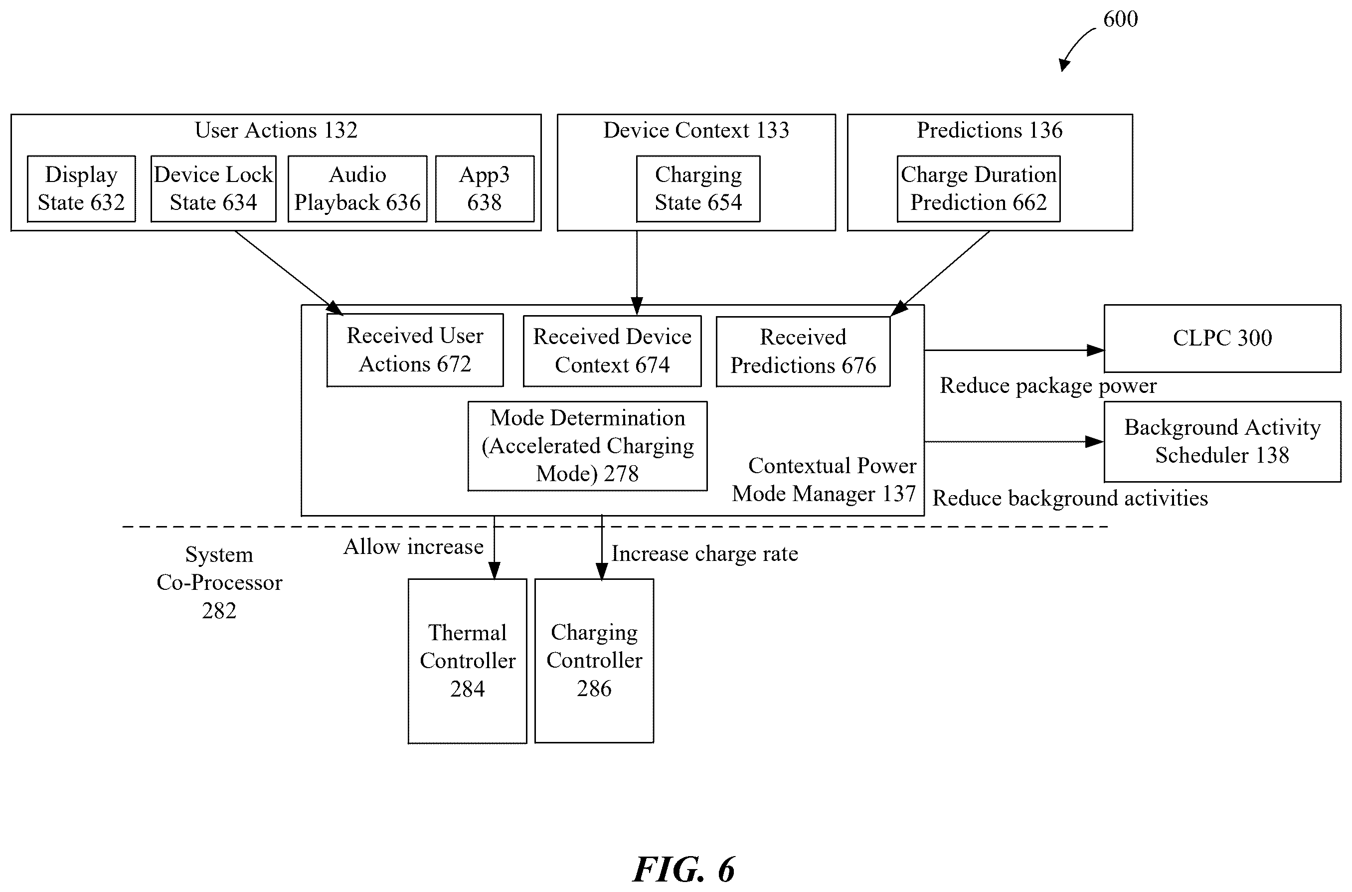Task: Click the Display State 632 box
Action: (x=81, y=188)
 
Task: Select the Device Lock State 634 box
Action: (x=213, y=188)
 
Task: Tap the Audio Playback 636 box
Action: (x=357, y=188)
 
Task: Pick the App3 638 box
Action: (x=485, y=188)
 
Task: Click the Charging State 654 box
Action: (x=698, y=188)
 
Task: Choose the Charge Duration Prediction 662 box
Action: (x=978, y=188)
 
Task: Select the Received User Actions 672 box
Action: (x=415, y=350)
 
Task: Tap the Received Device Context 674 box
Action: (x=612, y=351)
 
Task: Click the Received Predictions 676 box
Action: (x=803, y=352)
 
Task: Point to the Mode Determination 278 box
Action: (x=588, y=446)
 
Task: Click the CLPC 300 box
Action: (x=1222, y=339)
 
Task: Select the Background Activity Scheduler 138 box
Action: (x=1222, y=441)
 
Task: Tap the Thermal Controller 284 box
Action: (x=467, y=661)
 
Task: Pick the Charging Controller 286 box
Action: (x=594, y=661)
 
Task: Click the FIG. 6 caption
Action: (x=683, y=869)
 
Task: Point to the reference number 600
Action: (x=1121, y=19)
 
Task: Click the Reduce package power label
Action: (x=1048, y=386)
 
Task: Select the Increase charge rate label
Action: (x=704, y=553)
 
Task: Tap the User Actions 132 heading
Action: (x=276, y=130)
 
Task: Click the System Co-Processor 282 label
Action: (x=219, y=582)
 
